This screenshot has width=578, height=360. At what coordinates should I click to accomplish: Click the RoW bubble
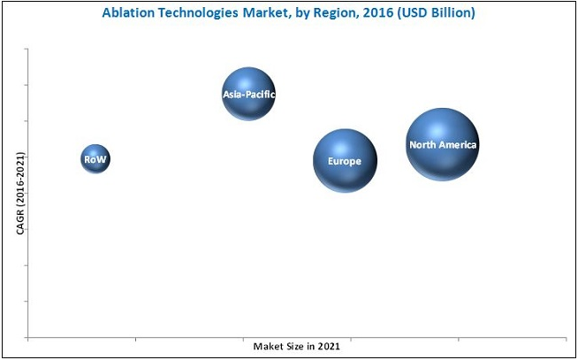click(95, 159)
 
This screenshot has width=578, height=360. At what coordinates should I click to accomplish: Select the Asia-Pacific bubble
click(248, 93)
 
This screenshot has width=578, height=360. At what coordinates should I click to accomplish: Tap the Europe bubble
click(345, 161)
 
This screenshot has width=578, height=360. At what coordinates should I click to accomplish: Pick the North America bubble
click(442, 144)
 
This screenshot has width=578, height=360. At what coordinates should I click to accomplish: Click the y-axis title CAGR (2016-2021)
click(19, 193)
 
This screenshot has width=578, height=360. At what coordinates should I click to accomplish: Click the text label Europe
click(344, 162)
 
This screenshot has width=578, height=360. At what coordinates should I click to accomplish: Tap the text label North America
click(442, 144)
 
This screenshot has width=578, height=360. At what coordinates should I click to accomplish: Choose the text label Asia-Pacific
click(248, 92)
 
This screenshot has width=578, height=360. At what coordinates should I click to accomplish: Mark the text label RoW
click(95, 159)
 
